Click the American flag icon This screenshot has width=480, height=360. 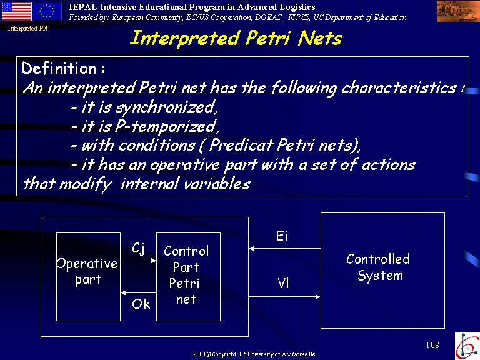17,11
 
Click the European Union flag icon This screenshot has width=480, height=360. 47,11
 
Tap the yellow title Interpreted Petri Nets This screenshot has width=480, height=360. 236,39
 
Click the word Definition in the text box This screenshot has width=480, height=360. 59,68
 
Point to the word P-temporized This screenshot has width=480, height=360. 167,127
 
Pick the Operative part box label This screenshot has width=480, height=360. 87,272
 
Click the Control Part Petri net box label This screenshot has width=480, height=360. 186,275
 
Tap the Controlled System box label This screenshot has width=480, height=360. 378,267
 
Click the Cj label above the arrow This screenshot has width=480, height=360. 138,248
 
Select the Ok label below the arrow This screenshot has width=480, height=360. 141,304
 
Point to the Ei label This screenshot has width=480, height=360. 282,236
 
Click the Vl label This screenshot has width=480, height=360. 283,283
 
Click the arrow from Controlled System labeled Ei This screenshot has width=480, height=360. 285,249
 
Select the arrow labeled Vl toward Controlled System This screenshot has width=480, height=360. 285,297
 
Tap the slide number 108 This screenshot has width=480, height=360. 432,345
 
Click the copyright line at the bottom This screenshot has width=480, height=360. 254,354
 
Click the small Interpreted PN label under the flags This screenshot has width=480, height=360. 27,29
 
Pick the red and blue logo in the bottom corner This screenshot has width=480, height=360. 467,346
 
